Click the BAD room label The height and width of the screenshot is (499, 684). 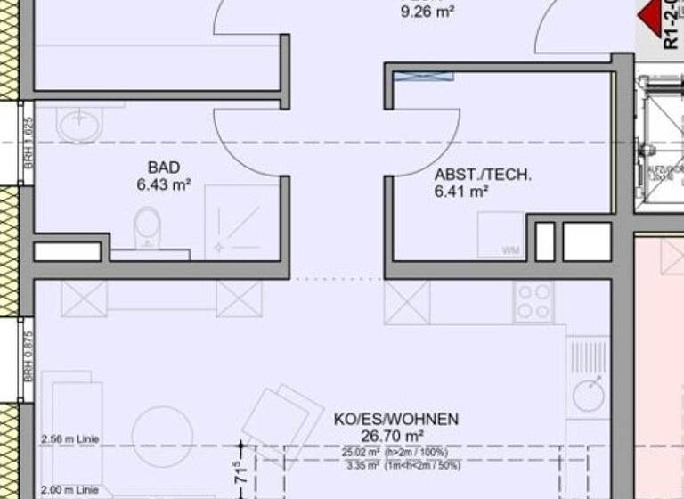point(164,168)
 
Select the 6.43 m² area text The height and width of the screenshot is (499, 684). point(164,184)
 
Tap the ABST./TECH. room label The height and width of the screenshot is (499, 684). point(483,175)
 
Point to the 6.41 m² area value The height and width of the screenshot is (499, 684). point(460,191)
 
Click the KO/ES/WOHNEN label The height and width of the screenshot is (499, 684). point(396,419)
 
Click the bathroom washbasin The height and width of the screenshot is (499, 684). point(79,124)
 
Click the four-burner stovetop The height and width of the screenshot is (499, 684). point(534,301)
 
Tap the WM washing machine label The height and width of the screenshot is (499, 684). point(510,250)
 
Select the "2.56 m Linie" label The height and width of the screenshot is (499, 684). point(69,439)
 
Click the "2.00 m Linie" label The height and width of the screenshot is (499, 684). point(69,490)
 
